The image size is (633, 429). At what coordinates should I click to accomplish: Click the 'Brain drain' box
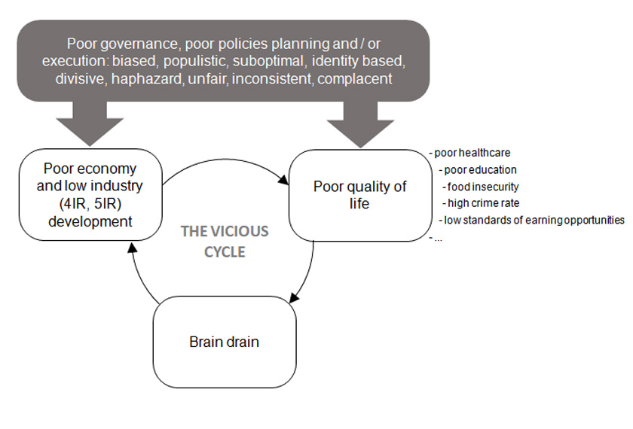tap(224, 342)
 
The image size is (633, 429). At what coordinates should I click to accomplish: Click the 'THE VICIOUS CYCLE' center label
tap(225, 241)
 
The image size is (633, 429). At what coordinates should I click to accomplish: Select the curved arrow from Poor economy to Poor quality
tap(226, 160)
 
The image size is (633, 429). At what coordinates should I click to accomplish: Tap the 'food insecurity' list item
tap(482, 187)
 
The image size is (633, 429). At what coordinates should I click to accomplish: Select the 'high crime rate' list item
tap(482, 203)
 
